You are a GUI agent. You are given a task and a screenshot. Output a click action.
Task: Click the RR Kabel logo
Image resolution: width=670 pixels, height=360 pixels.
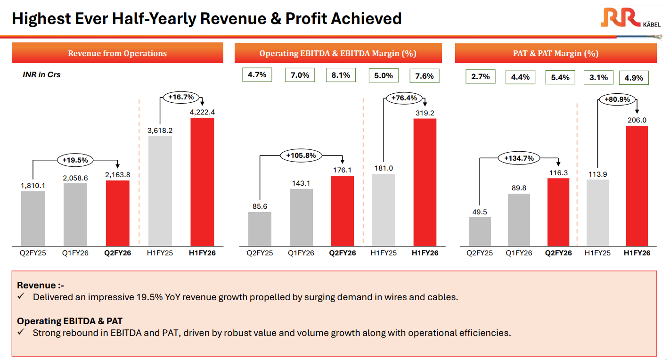coord(631,19)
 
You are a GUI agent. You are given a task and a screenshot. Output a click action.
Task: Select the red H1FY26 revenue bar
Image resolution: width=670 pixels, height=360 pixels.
coord(202,181)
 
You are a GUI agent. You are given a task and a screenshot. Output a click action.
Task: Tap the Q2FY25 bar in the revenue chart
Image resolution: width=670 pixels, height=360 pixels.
coord(33,218)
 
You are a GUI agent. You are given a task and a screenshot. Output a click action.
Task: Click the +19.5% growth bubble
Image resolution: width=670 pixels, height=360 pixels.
coord(75,160)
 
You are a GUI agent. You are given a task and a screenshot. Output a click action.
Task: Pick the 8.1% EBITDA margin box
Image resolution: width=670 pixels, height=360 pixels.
coord(341,75)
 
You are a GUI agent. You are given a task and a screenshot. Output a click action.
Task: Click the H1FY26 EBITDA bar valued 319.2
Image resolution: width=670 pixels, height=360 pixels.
coord(425,181)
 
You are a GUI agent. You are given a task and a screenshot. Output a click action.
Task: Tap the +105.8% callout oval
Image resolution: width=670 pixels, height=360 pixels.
coord(301,155)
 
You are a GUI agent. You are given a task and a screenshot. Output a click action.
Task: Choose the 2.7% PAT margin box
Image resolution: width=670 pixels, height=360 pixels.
coord(480,76)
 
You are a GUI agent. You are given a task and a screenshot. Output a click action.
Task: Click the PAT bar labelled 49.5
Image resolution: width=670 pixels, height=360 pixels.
coord(480,231)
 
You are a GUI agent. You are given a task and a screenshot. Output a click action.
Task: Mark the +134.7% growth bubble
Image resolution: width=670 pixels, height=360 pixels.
coord(519,158)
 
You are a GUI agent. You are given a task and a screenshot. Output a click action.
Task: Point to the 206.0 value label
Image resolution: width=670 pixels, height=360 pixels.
coord(637,120)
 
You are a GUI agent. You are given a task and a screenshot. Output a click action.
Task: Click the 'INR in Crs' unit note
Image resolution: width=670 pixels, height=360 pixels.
coord(41,74)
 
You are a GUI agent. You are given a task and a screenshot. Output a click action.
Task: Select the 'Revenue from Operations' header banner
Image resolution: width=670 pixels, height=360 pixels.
coord(117,53)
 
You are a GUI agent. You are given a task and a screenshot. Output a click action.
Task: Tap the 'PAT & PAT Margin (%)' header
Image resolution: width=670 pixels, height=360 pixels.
coord(556,53)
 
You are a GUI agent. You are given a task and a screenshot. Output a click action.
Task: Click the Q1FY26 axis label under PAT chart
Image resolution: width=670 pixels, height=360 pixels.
coord(519,253)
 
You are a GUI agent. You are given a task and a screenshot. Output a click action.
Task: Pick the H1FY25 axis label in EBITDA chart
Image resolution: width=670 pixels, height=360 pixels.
coord(384,253)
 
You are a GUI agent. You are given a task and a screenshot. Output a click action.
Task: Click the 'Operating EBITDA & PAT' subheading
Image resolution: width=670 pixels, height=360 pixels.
coord(70,321)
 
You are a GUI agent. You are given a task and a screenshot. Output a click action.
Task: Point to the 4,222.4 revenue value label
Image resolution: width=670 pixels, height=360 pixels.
coord(202,112)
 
